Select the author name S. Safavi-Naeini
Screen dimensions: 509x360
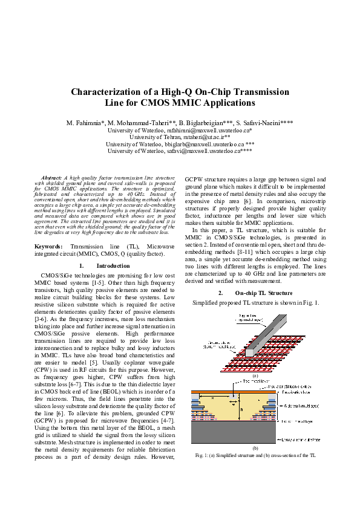(268, 123)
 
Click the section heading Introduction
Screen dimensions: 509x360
(114, 265)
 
